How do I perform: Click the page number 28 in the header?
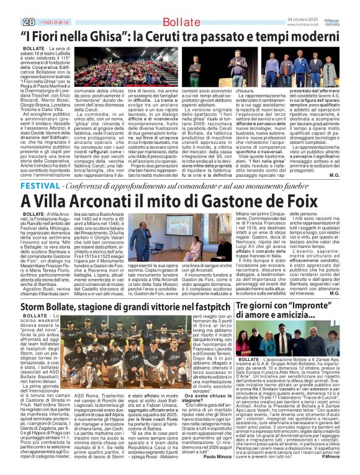pos(11,22)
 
